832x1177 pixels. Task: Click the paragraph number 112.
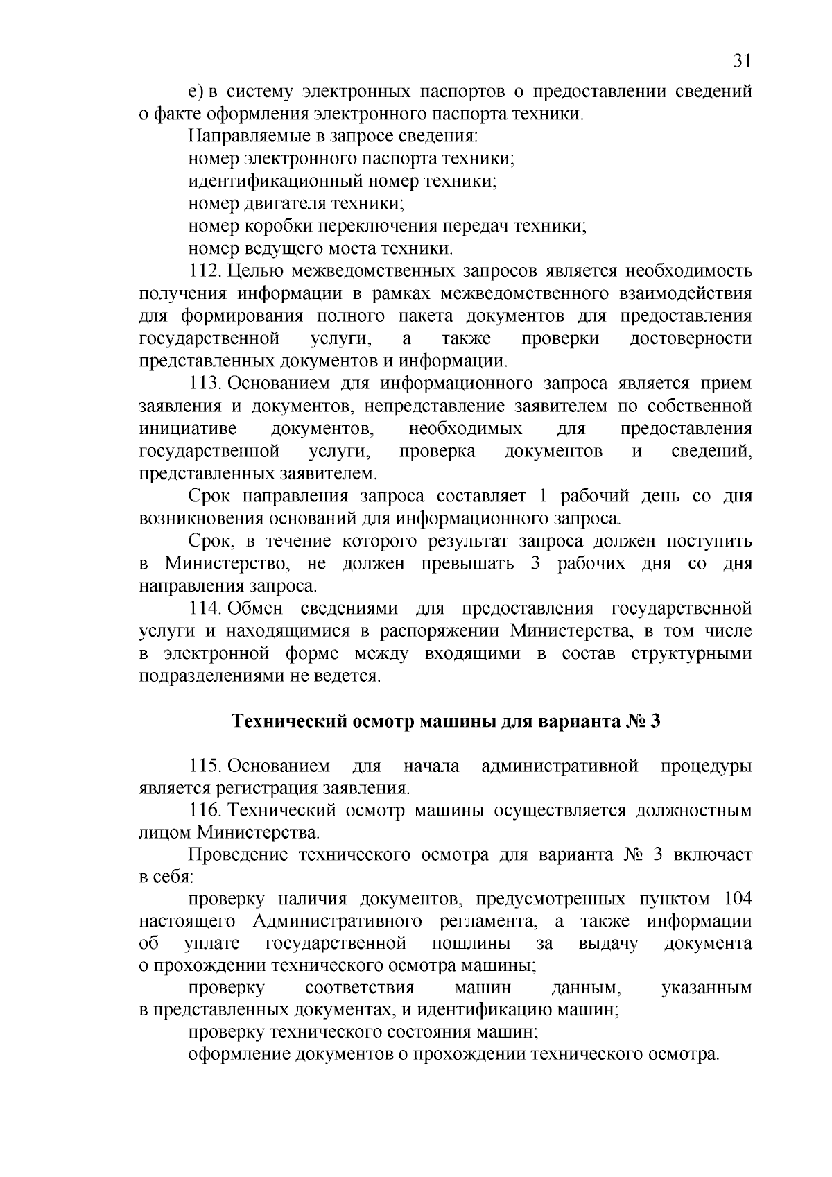[x=206, y=271]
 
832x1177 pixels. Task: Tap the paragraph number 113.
[x=206, y=384]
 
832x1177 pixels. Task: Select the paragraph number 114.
[x=206, y=609]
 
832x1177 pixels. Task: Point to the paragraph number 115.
[x=206, y=766]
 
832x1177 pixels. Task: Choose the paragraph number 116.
[x=206, y=811]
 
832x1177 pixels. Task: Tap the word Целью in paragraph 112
[x=254, y=271]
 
